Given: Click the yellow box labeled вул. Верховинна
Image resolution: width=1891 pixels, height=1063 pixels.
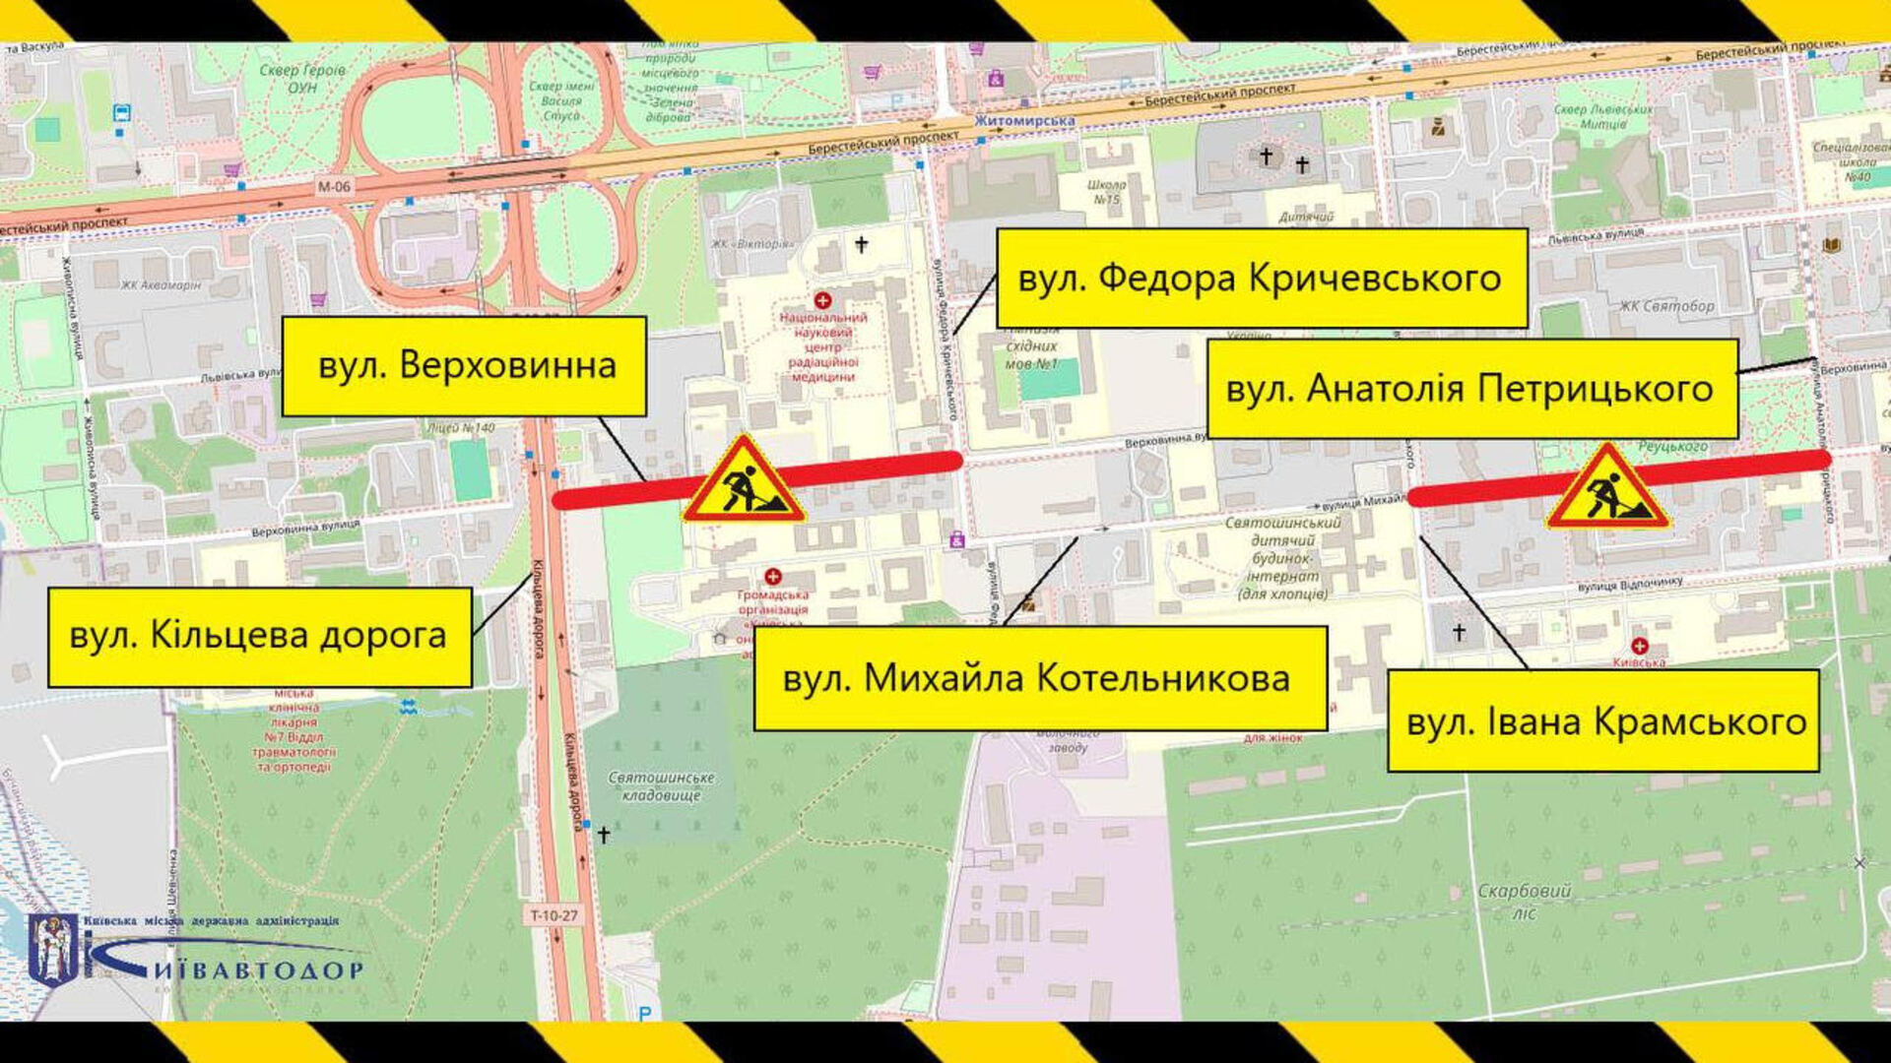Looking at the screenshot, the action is tap(464, 366).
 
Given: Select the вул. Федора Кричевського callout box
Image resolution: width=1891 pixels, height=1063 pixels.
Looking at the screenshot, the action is tap(1261, 279).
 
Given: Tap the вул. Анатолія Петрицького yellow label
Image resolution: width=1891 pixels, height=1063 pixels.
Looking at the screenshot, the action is tap(1471, 389).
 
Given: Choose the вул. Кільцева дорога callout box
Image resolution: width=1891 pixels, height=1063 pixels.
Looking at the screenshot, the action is tap(259, 637).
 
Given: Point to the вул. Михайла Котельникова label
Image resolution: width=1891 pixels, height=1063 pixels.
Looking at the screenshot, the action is tap(1039, 678).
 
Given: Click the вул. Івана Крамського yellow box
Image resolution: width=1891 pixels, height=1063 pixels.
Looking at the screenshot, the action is tap(1602, 721).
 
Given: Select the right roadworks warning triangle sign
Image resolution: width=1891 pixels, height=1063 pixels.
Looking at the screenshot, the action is tap(1607, 489).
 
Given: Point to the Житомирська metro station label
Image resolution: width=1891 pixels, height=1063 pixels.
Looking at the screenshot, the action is tap(1024, 121).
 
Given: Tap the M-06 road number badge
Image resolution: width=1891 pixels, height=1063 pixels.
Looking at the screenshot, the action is tap(334, 186).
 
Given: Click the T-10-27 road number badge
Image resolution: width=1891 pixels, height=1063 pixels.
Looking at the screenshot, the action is tap(554, 915).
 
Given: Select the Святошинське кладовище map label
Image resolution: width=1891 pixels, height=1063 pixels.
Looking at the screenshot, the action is tap(661, 785).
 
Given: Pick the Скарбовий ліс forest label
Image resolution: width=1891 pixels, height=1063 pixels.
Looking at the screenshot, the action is tap(1523, 901).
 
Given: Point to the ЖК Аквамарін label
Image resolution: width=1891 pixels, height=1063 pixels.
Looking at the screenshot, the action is tap(161, 285).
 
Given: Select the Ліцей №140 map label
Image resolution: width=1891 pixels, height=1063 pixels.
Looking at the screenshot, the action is tap(461, 428).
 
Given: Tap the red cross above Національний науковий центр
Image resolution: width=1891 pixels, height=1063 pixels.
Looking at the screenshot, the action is tap(822, 299).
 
